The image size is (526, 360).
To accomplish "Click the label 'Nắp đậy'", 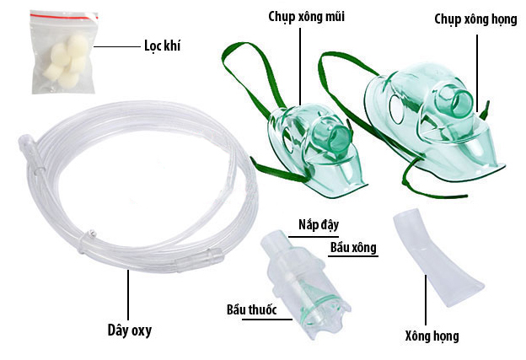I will [x=318, y=226].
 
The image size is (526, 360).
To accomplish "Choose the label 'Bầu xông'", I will [x=352, y=247].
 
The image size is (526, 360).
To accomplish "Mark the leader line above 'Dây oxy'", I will [x=129, y=291].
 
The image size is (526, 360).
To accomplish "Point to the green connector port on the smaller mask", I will [x=341, y=136].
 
